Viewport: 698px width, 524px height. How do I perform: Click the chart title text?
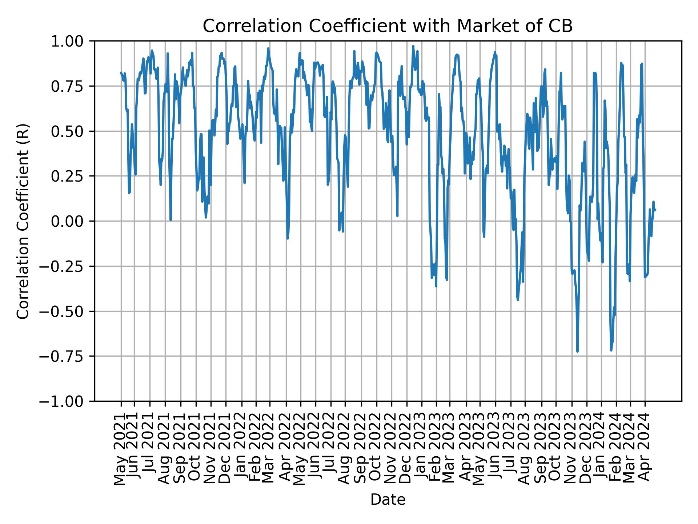pos(388,26)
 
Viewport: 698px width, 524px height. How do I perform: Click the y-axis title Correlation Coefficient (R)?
pos(23,221)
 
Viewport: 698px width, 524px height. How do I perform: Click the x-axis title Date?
pos(388,500)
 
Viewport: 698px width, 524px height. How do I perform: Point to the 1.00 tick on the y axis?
pos(72,41)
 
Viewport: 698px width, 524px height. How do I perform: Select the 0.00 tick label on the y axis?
pos(72,221)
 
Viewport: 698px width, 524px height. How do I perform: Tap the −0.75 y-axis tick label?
pos(69,356)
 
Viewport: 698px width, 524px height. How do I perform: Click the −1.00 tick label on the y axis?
pos(69,401)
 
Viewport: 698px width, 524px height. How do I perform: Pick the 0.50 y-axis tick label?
pos(72,131)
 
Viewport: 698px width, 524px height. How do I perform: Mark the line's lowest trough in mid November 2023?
pos(577,351)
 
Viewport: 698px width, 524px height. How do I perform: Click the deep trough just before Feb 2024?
pos(611,350)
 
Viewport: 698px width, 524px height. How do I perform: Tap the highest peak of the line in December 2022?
pos(413,46)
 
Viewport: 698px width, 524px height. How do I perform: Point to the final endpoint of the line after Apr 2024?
pos(655,210)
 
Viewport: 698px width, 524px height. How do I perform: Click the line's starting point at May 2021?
pos(121,72)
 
